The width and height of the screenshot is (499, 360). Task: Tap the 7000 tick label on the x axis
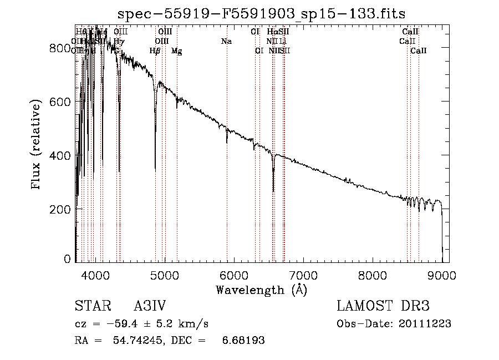tap(303, 275)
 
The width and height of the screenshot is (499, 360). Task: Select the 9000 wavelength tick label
tap(442, 275)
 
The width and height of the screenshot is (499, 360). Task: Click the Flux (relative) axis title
tap(37, 145)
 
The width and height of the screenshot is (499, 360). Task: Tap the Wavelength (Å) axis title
tap(261, 290)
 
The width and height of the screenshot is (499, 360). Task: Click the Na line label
tap(226, 41)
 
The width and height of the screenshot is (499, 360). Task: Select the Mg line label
tap(176, 51)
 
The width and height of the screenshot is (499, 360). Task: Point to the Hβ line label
tap(155, 51)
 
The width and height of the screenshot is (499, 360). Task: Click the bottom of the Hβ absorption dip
tap(155, 169)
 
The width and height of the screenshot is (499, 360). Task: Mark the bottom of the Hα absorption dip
tap(273, 191)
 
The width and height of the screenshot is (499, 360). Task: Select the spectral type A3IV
tap(150, 307)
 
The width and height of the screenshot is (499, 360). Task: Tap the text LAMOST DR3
tap(383, 307)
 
